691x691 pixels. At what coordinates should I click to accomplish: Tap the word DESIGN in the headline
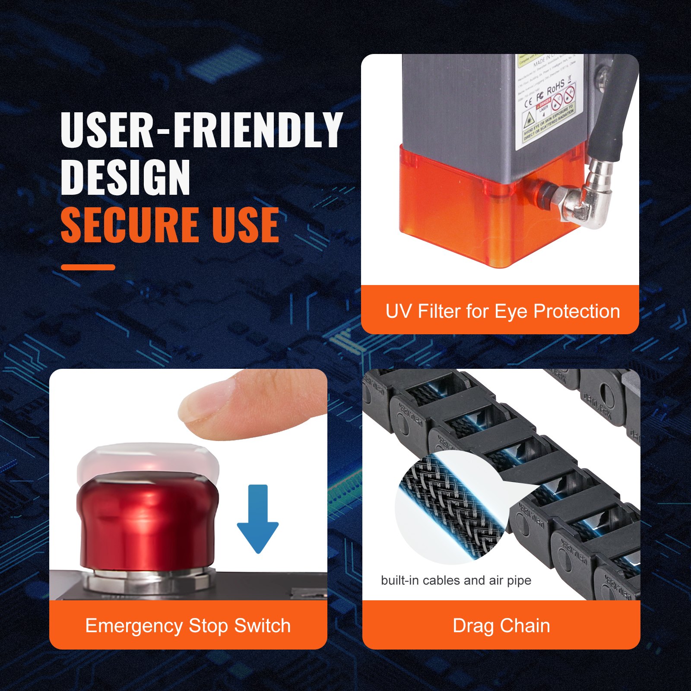pos(125,177)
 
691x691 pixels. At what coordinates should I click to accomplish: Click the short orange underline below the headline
pos(88,267)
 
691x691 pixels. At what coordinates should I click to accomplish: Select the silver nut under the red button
pos(147,581)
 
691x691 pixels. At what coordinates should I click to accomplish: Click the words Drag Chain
pos(501,626)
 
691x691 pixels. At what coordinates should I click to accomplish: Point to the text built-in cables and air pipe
pos(456,580)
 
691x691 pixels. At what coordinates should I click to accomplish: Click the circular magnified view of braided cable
pos(449,507)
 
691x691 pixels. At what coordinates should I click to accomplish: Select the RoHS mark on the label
pos(556,88)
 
